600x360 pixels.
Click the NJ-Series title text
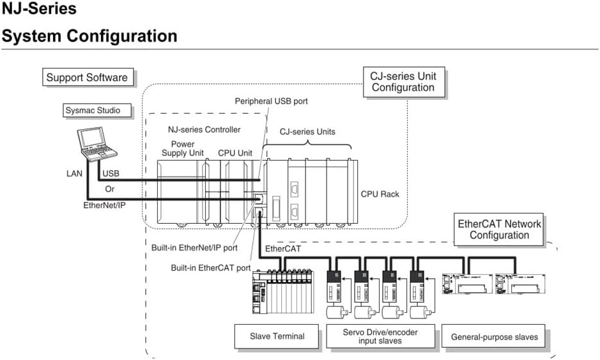pyautogui.click(x=39, y=9)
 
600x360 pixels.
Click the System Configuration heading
pyautogui.click(x=89, y=36)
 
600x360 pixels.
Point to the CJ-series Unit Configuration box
pyautogui.click(x=403, y=82)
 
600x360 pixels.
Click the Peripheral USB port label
pyautogui.click(x=272, y=101)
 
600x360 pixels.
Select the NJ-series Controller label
pyautogui.click(x=204, y=130)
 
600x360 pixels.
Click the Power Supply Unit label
pyautogui.click(x=183, y=149)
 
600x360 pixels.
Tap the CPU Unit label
pyautogui.click(x=235, y=153)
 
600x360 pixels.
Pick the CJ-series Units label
pyautogui.click(x=307, y=132)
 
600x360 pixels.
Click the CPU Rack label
pyautogui.click(x=380, y=194)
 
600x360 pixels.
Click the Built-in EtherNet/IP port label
pyautogui.click(x=194, y=247)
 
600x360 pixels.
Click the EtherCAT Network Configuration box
pyautogui.click(x=499, y=230)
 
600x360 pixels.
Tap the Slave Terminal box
pyautogui.click(x=276, y=336)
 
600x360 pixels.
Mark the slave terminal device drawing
pyautogui.click(x=281, y=292)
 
